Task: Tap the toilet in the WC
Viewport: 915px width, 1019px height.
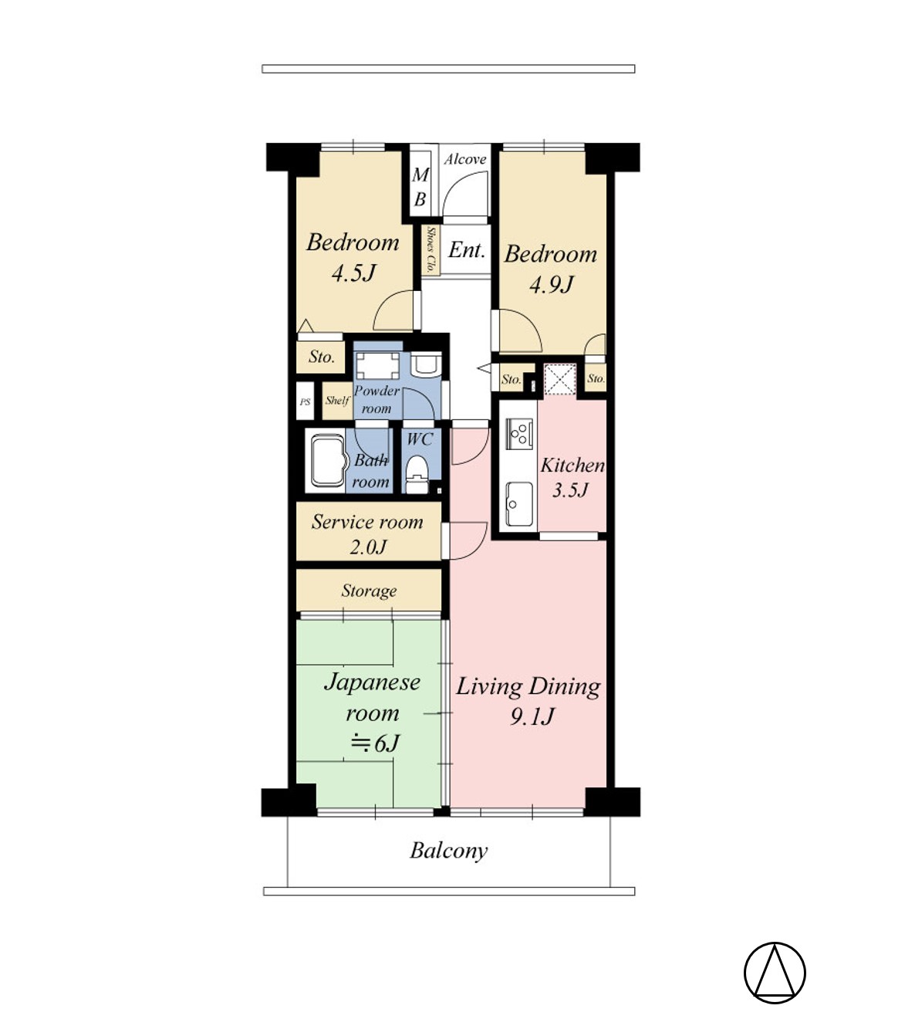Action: pos(417,474)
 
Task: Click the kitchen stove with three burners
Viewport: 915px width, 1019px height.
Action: pos(520,434)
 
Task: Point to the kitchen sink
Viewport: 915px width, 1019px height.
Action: pos(519,504)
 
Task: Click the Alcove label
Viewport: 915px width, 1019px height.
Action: pos(465,160)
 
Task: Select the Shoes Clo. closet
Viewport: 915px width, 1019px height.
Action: pos(430,249)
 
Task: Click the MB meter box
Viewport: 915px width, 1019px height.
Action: pos(420,187)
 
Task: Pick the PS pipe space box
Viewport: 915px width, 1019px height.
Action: pos(305,401)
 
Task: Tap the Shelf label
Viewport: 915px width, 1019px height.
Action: pos(337,401)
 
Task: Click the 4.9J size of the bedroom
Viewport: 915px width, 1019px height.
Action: pos(551,285)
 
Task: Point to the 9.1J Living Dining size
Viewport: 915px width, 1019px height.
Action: pos(532,716)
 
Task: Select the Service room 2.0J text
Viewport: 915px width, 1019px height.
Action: pos(367,534)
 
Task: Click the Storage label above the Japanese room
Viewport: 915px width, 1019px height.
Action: pos(369,591)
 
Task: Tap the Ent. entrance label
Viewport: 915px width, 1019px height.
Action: pos(467,249)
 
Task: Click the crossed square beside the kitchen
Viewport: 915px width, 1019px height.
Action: pos(559,378)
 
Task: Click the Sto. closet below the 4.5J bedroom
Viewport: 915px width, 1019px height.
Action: pos(321,357)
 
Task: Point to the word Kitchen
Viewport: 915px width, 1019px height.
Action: pos(572,465)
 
